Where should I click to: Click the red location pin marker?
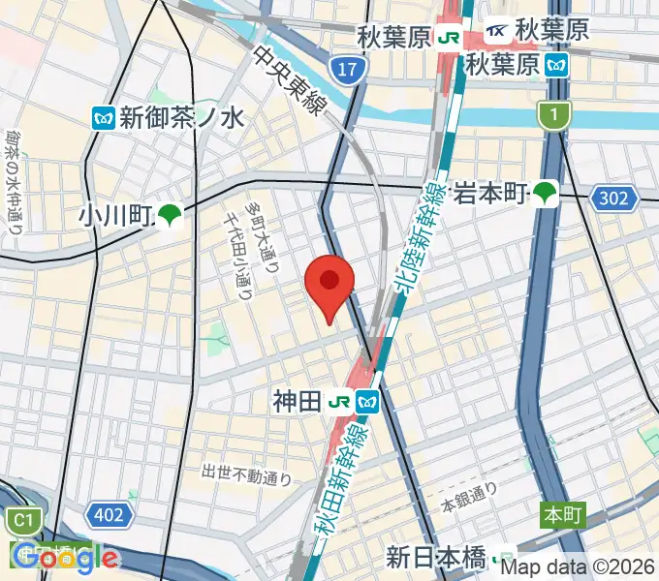pyautogui.click(x=329, y=284)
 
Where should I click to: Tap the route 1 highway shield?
pyautogui.click(x=551, y=115)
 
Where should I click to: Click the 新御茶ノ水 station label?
pyautogui.click(x=181, y=118)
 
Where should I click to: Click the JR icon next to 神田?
pyautogui.click(x=338, y=400)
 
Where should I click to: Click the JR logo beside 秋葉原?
pyautogui.click(x=449, y=37)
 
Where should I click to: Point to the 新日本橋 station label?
pyautogui.click(x=436, y=558)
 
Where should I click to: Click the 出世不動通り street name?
pyautogui.click(x=246, y=474)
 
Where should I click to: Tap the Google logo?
pyautogui.click(x=64, y=557)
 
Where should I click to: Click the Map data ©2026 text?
pyautogui.click(x=578, y=567)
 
